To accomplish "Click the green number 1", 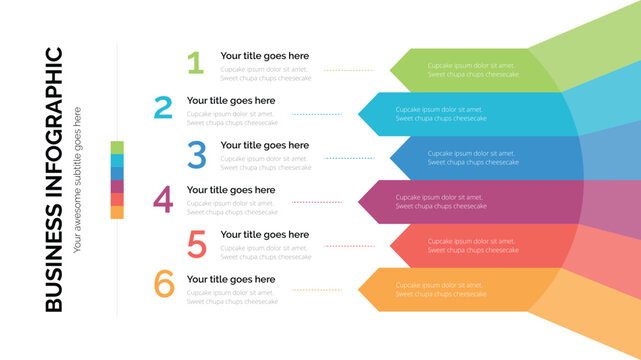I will (195, 64).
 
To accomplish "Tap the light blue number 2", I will (163, 108).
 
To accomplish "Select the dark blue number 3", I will (197, 154).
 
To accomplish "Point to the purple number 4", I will (163, 199).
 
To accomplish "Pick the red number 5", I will (197, 244).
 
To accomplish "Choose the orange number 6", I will (164, 285).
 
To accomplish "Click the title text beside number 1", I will (264, 56).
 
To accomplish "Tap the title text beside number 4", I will (230, 190).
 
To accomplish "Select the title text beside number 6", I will (230, 279).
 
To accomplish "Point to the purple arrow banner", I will (470, 202).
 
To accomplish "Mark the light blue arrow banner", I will (460, 114).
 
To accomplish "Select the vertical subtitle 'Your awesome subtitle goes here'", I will (78, 176).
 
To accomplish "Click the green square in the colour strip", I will (117, 148).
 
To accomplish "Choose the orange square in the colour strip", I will (117, 212).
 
